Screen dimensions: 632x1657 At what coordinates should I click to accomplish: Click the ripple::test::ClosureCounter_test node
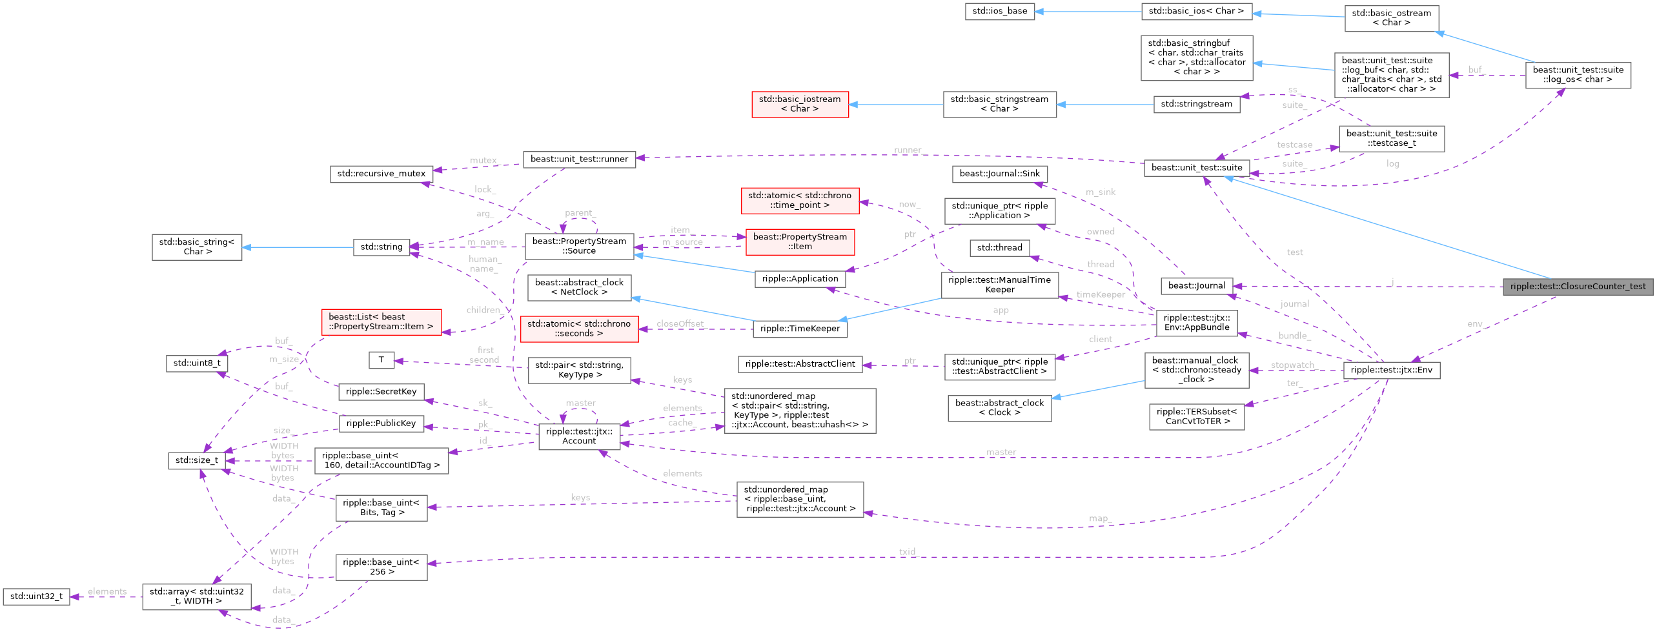1578,287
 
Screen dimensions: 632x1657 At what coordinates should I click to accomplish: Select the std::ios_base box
999,11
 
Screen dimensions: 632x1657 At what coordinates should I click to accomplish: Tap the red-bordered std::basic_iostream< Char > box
799,104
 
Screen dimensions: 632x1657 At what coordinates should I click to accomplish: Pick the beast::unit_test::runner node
579,159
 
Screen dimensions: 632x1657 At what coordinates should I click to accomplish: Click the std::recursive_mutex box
381,174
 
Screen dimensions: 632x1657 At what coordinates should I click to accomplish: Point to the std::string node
381,247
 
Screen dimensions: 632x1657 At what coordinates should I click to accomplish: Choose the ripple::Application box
800,279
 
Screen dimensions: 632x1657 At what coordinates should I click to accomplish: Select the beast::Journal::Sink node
999,174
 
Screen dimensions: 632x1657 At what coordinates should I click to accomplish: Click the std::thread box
999,248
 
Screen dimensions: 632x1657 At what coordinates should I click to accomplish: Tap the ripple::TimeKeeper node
800,329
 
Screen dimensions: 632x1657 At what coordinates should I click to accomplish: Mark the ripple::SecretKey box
381,392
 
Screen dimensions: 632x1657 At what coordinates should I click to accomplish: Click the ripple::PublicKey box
381,423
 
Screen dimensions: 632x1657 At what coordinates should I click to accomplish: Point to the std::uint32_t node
36,596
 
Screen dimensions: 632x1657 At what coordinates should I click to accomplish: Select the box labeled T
381,360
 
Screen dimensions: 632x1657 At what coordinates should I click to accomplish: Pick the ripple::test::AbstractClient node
800,364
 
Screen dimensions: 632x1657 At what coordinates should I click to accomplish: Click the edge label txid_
908,552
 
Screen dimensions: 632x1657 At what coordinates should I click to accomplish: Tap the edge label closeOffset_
680,323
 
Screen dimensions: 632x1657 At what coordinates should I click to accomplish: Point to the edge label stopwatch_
1292,365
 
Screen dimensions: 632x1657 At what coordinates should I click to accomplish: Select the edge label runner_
908,150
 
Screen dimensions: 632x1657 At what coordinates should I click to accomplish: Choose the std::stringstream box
1196,104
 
